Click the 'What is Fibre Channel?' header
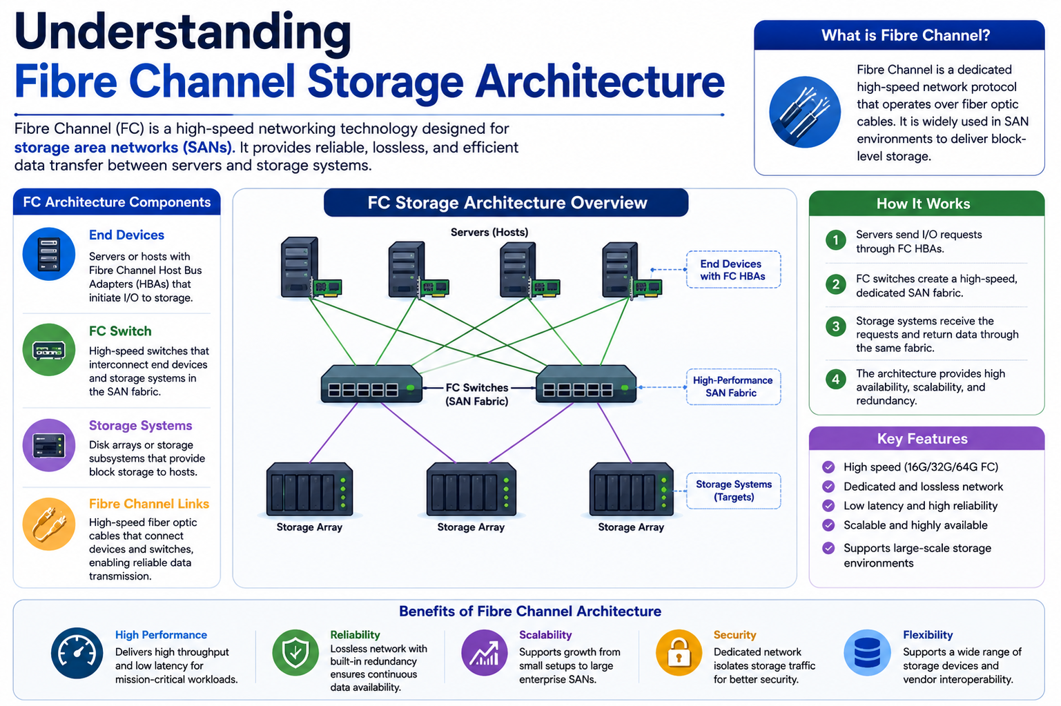tap(905, 35)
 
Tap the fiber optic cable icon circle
tap(805, 112)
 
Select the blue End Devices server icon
tap(49, 254)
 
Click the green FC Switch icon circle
tap(49, 350)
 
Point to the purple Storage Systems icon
tap(49, 445)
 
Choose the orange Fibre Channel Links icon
tap(49, 524)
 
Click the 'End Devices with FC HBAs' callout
tap(733, 270)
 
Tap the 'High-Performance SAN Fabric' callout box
tap(733, 387)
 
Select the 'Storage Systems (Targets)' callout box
tap(733, 491)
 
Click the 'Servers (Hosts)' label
tap(489, 232)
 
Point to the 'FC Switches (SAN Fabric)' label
tap(476, 395)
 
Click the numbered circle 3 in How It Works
tap(836, 326)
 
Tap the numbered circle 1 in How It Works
tap(836, 241)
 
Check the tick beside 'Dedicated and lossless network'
tap(828, 487)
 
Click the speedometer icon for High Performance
tap(77, 653)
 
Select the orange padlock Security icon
tap(679, 652)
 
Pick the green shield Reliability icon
tap(295, 652)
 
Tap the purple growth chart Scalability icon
tap(485, 652)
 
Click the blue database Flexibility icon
tap(867, 652)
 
